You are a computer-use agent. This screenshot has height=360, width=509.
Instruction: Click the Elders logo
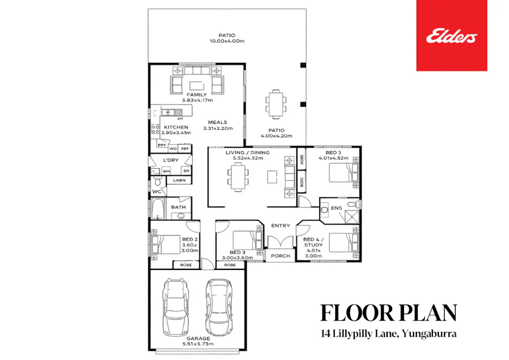tap(451, 36)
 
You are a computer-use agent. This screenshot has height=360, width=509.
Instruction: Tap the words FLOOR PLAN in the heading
tap(389, 313)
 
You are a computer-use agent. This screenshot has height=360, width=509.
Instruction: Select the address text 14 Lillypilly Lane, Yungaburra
tap(389, 335)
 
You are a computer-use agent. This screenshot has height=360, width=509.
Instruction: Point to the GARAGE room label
tap(198, 338)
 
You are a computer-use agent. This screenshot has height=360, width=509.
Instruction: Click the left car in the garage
tap(176, 307)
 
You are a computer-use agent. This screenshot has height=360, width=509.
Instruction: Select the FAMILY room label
tap(197, 95)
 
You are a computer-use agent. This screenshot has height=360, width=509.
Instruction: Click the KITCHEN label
tap(176, 127)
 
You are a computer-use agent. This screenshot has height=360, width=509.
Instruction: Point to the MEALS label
tap(217, 122)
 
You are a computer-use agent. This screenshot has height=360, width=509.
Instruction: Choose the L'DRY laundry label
tap(171, 160)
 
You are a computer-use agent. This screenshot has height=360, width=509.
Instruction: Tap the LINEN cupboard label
tap(179, 181)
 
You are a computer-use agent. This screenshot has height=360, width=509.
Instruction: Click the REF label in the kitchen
tap(185, 149)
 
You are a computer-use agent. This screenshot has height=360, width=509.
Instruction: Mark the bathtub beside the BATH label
tap(158, 209)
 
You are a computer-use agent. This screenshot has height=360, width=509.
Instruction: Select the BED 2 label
tap(190, 239)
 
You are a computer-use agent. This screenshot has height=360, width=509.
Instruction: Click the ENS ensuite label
tap(336, 208)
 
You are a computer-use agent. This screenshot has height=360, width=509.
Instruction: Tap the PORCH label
tap(280, 256)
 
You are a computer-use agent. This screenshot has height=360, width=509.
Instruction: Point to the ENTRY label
tap(280, 226)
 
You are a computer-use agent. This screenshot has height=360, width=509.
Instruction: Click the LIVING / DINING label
tap(247, 153)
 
